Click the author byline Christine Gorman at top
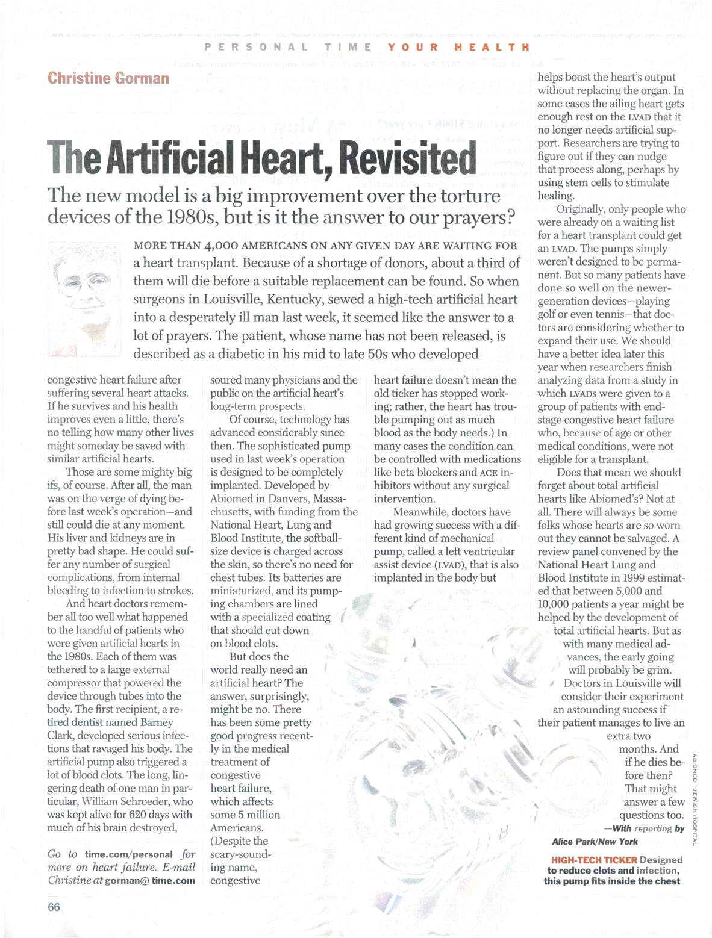point(108,78)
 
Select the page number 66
point(54,907)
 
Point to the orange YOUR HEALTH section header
point(458,47)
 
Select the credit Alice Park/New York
point(595,841)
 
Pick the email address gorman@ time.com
point(150,880)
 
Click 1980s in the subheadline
point(191,217)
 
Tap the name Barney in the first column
point(156,722)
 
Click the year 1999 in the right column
point(623,578)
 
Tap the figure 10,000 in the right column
point(558,604)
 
